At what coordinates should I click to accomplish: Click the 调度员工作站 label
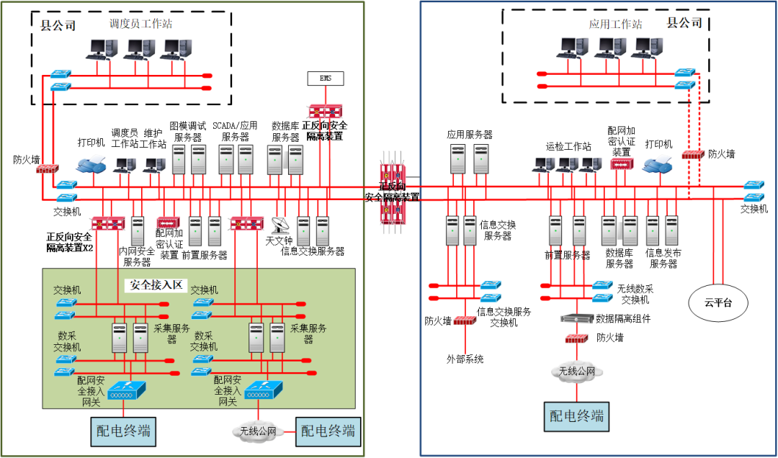[x=140, y=24]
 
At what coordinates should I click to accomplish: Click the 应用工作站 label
[x=614, y=24]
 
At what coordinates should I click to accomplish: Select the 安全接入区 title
[x=157, y=284]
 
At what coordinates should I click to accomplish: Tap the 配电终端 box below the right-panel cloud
[x=576, y=416]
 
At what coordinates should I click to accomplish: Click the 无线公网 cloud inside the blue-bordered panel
[x=577, y=372]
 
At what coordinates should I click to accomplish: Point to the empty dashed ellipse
[x=718, y=302]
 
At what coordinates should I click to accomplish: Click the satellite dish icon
[x=281, y=226]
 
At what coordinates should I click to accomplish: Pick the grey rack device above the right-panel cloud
[x=576, y=318]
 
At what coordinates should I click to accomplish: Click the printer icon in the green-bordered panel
[x=91, y=164]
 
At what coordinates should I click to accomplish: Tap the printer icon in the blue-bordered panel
[x=657, y=165]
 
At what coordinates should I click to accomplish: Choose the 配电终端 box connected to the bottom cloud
[x=328, y=431]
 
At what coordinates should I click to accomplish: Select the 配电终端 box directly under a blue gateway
[x=124, y=431]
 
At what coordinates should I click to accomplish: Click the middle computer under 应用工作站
[x=612, y=48]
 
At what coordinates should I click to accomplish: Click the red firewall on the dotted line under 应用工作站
[x=692, y=155]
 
